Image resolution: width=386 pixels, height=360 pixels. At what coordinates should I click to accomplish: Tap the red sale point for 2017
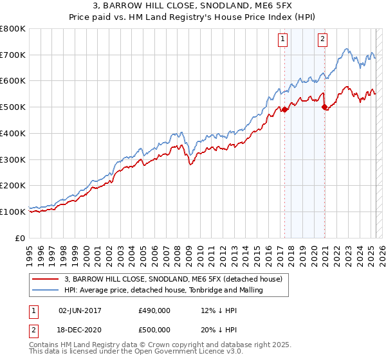[x=284, y=109]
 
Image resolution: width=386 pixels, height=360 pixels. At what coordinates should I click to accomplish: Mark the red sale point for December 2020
[x=324, y=107]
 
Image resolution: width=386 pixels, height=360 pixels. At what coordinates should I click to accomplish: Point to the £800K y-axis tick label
[x=13, y=29]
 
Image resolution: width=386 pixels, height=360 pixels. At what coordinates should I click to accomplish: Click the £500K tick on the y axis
[x=13, y=107]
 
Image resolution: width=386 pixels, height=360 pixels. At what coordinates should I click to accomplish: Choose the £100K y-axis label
[x=13, y=212]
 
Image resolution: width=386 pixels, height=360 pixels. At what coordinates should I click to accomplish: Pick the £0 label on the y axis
[x=21, y=238]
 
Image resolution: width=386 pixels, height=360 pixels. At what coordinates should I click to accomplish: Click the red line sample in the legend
[x=45, y=279]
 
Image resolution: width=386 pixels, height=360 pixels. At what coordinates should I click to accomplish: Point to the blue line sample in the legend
[x=45, y=290]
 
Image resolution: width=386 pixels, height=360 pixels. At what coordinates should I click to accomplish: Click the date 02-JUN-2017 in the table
[x=80, y=310]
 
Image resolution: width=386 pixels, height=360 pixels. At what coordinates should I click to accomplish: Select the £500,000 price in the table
[x=154, y=329]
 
